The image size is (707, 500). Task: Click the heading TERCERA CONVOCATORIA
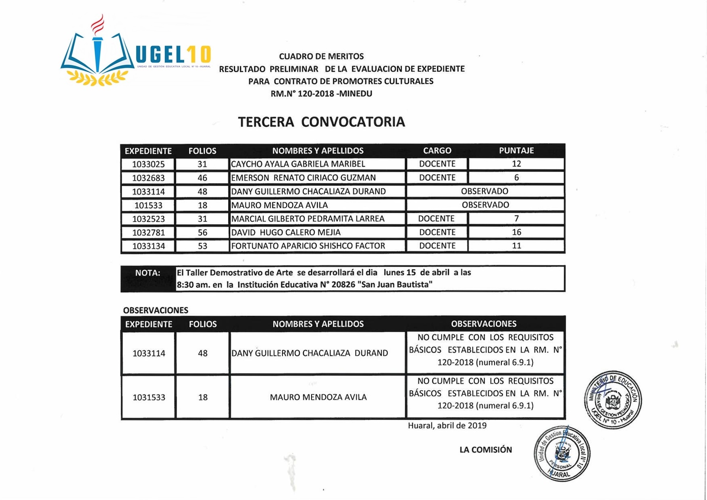click(321, 122)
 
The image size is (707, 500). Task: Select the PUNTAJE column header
click(516, 150)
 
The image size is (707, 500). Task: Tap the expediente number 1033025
click(148, 164)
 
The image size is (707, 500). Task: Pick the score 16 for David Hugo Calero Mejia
click(516, 232)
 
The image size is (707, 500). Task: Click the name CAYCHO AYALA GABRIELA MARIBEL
click(298, 164)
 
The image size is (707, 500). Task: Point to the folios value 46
click(202, 178)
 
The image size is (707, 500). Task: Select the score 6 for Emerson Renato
click(516, 178)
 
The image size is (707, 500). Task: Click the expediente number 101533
click(148, 205)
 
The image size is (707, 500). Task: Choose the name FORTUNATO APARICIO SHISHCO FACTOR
click(308, 246)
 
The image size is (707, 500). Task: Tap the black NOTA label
click(148, 273)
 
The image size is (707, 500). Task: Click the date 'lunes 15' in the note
click(399, 273)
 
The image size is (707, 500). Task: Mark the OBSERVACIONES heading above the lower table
click(156, 310)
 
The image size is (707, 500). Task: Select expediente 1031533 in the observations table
click(149, 397)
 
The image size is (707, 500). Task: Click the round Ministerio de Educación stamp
click(613, 400)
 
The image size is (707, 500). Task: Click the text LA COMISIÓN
click(485, 450)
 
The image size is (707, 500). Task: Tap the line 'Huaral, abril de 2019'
click(447, 425)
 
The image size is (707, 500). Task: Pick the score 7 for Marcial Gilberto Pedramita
click(516, 219)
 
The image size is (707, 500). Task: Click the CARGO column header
click(437, 150)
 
